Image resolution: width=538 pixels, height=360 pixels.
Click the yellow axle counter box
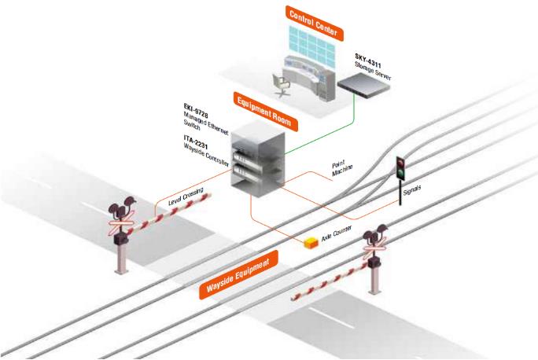click(x=309, y=244)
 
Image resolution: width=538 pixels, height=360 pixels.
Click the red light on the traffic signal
click(x=401, y=161)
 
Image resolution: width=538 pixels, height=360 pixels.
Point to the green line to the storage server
click(x=315, y=135)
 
